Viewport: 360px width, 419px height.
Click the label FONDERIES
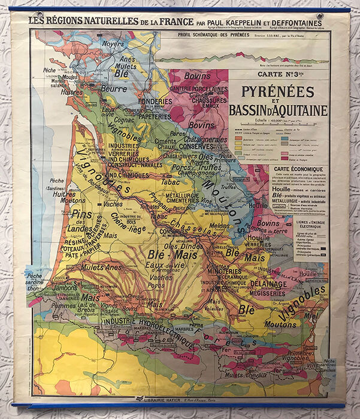tap(155, 101)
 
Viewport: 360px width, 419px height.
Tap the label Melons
tap(219, 226)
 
